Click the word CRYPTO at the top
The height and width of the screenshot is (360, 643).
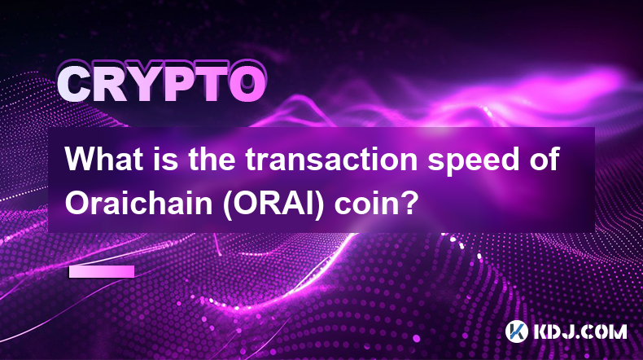click(x=161, y=85)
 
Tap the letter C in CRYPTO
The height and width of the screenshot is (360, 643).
click(x=74, y=85)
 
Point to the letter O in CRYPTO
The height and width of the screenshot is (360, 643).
click(x=247, y=85)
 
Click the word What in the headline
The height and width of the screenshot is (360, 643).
click(x=104, y=160)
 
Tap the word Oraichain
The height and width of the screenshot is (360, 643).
click(x=138, y=203)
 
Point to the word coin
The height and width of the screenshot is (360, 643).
click(x=365, y=203)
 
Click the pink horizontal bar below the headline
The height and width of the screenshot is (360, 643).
click(x=102, y=272)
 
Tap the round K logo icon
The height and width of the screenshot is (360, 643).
click(x=517, y=331)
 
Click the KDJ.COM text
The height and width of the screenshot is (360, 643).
click(x=580, y=331)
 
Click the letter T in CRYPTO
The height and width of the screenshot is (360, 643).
click(x=211, y=85)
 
